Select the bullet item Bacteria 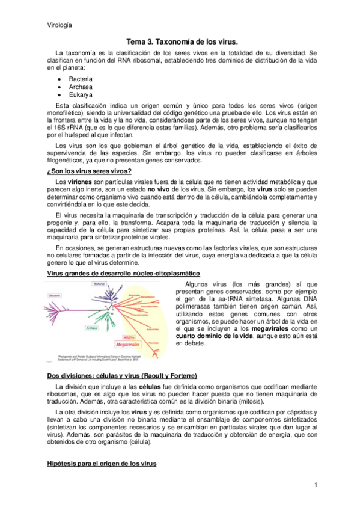pos(81,79)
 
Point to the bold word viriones pos(81,181)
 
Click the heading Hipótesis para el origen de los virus pos(101,464)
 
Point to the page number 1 pos(314,485)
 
